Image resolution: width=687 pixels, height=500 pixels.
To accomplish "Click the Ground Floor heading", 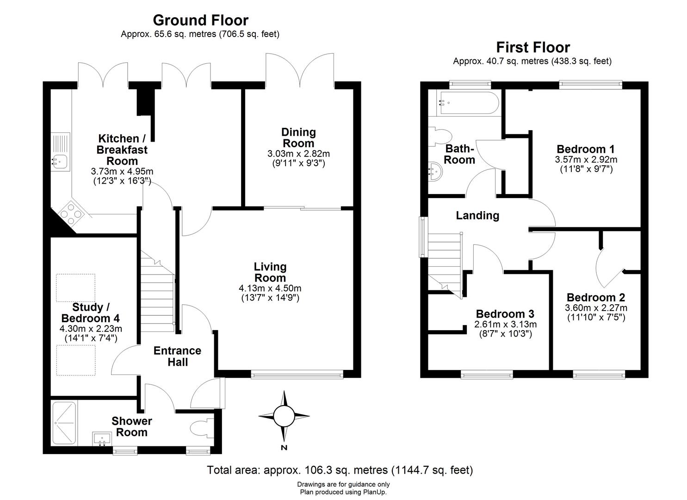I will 200,20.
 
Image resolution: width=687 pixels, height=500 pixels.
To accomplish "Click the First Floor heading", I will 533,47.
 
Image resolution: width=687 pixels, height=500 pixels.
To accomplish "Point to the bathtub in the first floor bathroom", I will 468,103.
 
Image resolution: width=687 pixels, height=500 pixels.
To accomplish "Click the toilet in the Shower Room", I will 201,427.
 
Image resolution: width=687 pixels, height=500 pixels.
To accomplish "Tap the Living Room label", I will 270,272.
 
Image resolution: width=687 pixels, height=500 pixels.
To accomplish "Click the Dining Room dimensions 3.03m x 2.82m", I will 298,154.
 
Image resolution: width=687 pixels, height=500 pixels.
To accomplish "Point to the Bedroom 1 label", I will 586,149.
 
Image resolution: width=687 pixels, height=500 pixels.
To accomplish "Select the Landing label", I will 477,215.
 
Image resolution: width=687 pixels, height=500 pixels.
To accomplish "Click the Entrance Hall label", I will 177,356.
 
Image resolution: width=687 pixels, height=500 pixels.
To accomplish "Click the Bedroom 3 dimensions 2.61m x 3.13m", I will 505,324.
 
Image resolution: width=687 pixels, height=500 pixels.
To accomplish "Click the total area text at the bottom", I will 340,470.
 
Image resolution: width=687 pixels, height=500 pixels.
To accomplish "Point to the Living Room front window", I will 297,375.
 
